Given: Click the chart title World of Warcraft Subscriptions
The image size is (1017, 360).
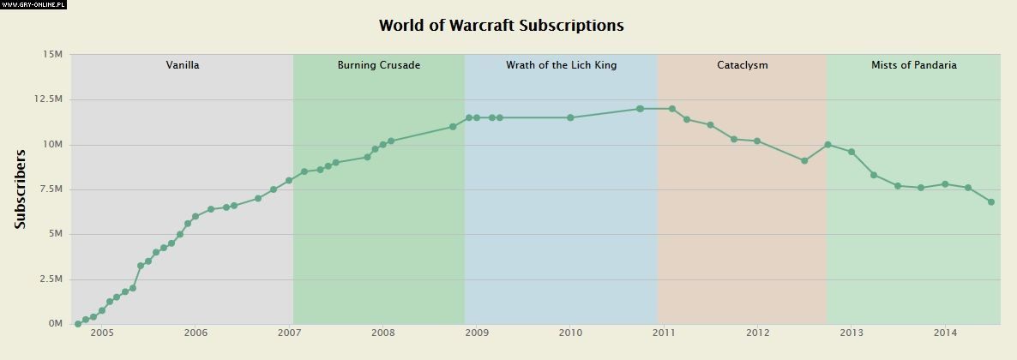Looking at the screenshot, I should point(501,26).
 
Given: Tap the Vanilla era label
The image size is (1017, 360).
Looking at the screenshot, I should point(183,65).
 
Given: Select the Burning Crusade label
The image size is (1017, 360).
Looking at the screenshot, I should point(378,65).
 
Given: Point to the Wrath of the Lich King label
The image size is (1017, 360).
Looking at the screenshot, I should point(561,65).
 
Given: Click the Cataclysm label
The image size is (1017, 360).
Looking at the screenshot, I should point(742,65).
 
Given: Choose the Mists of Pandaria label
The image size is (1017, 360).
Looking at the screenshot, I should point(913,65).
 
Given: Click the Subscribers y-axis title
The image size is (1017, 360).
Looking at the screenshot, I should point(21,189).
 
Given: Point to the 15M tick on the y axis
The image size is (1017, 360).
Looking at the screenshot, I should point(52,55).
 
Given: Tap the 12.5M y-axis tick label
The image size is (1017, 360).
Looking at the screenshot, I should point(48,99).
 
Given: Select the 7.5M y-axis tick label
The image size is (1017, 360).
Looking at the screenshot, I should point(51,189).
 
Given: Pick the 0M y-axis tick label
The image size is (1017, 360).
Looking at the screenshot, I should point(55,324).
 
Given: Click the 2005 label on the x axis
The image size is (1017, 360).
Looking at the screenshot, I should point(101,333).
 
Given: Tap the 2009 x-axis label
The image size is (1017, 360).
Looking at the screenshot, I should point(477,333).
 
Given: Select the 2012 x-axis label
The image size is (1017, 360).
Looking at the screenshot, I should point(758,333).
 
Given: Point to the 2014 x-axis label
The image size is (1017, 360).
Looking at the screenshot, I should point(945,333).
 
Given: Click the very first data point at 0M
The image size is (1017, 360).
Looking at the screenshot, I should point(78,324).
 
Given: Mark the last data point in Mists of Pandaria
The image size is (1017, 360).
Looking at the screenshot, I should point(991,202).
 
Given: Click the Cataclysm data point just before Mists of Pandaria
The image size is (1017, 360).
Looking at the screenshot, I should point(804,160).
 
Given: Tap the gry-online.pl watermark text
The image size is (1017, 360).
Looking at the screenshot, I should point(34,4).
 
